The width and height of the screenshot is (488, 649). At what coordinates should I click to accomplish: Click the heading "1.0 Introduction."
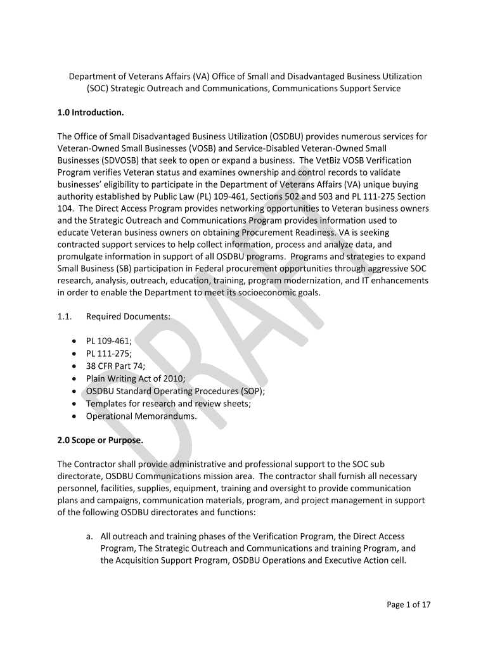(x=91, y=113)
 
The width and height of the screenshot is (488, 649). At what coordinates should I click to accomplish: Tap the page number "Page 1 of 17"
(x=409, y=605)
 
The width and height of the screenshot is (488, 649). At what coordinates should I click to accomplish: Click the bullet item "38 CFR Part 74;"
(x=115, y=366)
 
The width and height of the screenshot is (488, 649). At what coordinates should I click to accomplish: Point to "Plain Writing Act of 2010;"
(x=136, y=378)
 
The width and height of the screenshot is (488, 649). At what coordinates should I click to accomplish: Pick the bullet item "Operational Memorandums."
(x=141, y=416)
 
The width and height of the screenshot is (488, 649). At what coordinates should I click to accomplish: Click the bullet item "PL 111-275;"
(x=109, y=353)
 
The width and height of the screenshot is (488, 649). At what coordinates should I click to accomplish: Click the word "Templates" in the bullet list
(x=106, y=404)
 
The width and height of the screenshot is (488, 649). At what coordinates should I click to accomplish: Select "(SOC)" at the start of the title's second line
(x=98, y=89)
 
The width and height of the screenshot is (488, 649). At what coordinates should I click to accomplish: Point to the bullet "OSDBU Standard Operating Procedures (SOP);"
(x=176, y=391)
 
